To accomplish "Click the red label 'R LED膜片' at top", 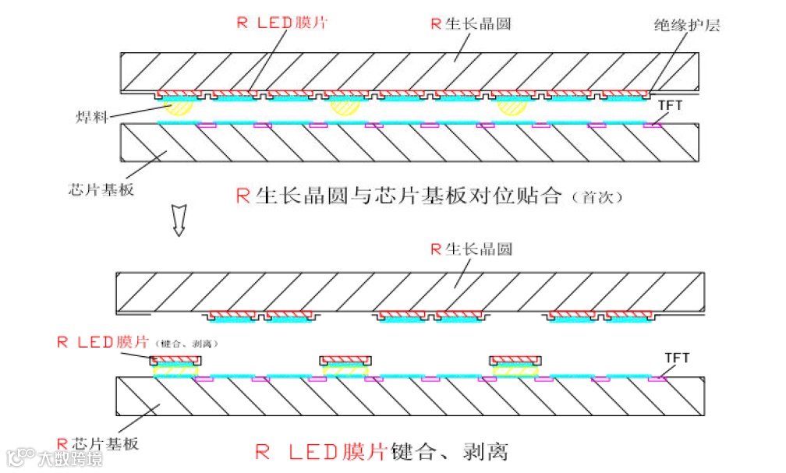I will (281, 22).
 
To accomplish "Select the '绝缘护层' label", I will (687, 25).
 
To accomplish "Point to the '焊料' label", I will (91, 118).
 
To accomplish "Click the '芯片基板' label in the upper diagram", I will (101, 189).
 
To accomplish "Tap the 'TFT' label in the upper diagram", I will (672, 104).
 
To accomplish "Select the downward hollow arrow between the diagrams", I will (179, 221).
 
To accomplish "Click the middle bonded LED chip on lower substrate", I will (345, 365).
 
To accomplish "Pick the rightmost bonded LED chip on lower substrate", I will (515, 365).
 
